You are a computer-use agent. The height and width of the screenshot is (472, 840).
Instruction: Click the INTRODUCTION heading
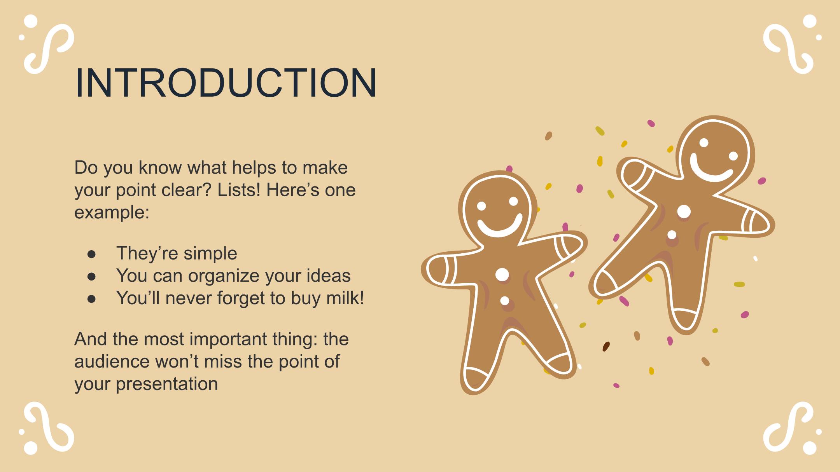point(226,83)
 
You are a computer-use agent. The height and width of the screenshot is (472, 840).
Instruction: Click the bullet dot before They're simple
point(92,254)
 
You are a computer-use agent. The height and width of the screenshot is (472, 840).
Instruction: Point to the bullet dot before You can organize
point(92,276)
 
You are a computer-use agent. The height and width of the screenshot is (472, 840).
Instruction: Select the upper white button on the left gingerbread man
point(502,275)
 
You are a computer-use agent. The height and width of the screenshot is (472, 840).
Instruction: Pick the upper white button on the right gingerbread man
point(684,212)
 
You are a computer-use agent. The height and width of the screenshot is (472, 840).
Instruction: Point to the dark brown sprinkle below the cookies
point(606,347)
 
